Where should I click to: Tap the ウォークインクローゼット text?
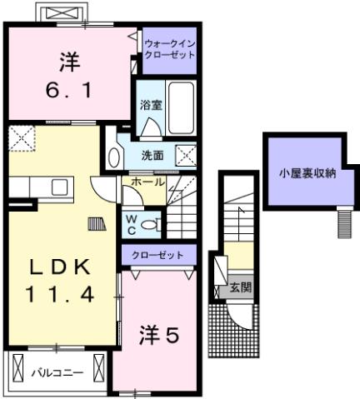169,49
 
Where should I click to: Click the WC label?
132,223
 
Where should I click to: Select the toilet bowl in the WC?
150,224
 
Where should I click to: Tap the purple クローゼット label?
158,254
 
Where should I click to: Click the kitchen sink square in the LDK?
59,186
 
